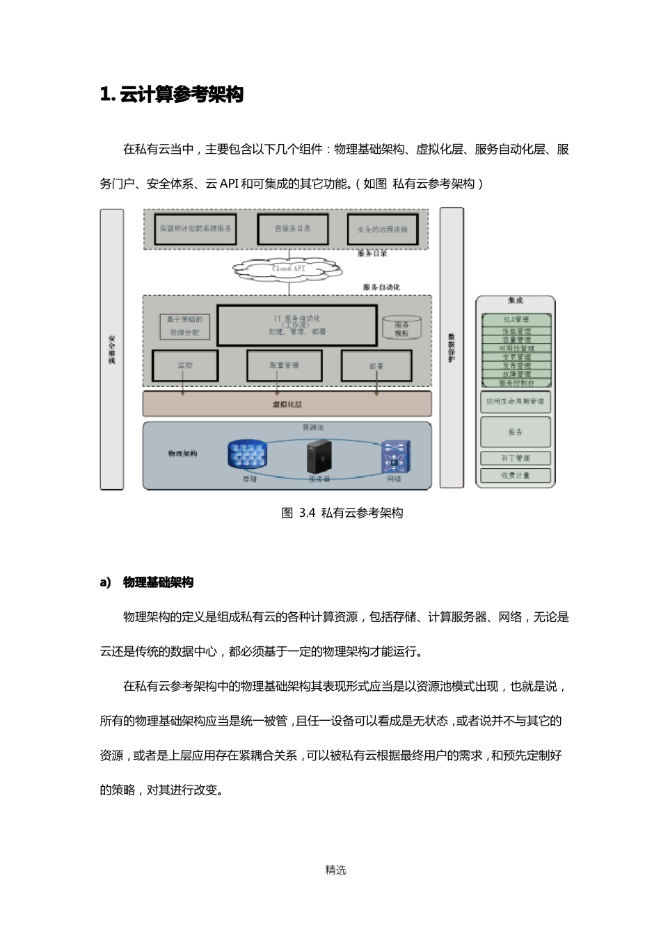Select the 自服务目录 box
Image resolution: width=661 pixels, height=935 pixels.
pos(292,228)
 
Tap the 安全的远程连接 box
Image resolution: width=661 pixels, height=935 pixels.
pos(382,229)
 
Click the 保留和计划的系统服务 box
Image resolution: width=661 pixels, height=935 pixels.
pos(195,228)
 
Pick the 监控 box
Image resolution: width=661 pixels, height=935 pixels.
pos(185,365)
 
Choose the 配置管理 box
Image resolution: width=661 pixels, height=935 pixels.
pos(284,365)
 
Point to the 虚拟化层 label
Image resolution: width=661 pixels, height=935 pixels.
pos(287,403)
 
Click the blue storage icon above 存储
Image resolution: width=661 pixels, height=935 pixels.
pos(248,455)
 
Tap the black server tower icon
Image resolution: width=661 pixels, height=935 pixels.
pos(319,457)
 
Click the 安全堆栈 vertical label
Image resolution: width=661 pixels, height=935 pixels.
pos(111,350)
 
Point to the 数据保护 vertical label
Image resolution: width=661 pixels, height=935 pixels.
pos(451,349)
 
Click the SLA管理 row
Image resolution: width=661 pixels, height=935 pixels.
pos(516,319)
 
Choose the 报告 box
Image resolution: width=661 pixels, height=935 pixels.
pos(516,432)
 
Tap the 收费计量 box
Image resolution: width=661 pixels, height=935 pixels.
pos(516,476)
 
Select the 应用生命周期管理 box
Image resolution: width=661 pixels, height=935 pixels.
pos(516,401)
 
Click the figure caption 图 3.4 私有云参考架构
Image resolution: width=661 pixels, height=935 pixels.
pos(342,513)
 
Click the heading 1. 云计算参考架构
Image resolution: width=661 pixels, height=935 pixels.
pos(172,95)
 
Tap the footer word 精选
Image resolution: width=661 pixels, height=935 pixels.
pos(335,870)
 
